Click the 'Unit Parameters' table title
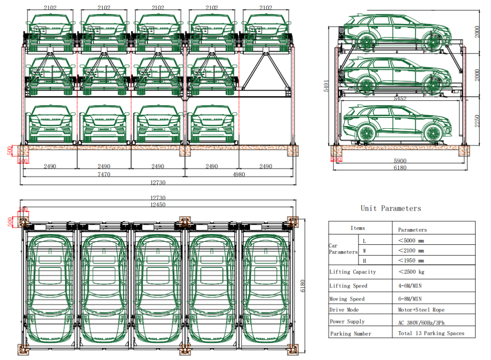click(391, 209)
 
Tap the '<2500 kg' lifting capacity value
click(412, 272)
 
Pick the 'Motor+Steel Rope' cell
click(421, 310)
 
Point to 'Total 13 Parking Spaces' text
click(431, 333)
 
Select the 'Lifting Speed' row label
click(348, 286)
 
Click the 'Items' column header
click(358, 228)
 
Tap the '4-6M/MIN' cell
click(410, 286)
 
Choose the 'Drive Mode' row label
click(344, 310)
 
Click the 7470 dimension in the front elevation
click(104, 174)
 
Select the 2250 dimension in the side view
click(476, 121)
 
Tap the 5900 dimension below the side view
click(399, 161)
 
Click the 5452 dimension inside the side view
click(400, 98)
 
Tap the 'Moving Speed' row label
click(347, 299)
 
